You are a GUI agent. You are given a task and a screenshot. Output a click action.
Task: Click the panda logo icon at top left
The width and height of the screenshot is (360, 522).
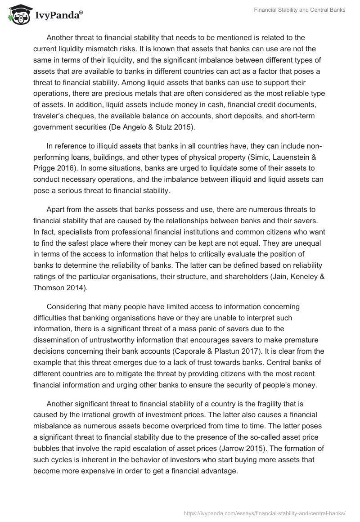pos(18,14)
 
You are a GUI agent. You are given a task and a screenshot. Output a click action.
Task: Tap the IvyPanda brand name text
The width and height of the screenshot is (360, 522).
pos(56,16)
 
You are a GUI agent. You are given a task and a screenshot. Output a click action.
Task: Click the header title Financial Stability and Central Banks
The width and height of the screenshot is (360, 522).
pos(299,10)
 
